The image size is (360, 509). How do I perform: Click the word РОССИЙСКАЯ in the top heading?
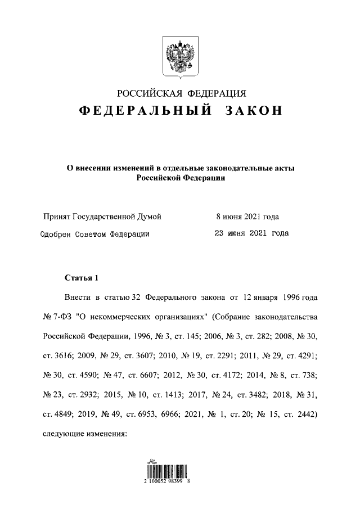click(148, 93)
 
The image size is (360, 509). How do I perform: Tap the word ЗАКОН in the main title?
click(253, 111)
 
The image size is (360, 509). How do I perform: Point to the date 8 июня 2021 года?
click(247, 217)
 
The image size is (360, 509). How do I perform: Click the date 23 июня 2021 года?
click(252, 233)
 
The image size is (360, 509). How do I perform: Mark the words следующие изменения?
click(85, 434)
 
